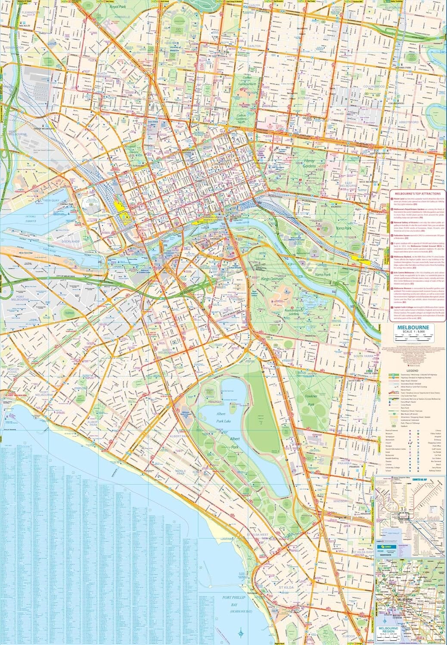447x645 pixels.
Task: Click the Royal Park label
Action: [x=118, y=7]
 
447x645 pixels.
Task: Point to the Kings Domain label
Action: [x=270, y=279]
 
